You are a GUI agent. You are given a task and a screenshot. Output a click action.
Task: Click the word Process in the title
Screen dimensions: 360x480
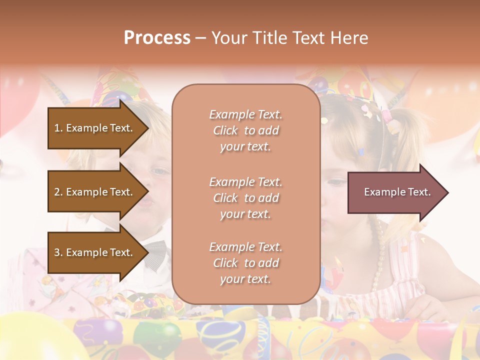[x=157, y=38]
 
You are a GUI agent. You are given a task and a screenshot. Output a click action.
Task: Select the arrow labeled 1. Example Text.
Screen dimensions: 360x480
[x=95, y=128]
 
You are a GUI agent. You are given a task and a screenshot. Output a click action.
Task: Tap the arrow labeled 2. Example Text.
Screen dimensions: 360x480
[x=95, y=192]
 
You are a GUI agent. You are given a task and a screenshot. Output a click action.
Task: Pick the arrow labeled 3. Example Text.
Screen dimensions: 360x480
[x=95, y=252]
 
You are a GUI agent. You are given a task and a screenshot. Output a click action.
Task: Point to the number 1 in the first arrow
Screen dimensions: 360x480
[x=57, y=128]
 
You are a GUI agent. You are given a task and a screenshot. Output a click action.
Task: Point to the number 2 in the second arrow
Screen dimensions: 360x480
[x=57, y=192]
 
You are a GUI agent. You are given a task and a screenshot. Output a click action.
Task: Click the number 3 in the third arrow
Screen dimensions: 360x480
[x=57, y=252]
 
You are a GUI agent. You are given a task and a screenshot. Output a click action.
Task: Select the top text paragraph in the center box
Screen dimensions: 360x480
[x=245, y=130]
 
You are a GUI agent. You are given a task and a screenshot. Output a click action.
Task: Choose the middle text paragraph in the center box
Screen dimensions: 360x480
[x=245, y=198]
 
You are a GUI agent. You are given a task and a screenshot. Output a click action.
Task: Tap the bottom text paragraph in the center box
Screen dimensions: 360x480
[x=245, y=263]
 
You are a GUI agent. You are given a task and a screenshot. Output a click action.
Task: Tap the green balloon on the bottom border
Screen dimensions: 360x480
[x=157, y=335]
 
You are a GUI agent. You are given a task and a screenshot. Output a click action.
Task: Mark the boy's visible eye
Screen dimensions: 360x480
[x=160, y=171]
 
